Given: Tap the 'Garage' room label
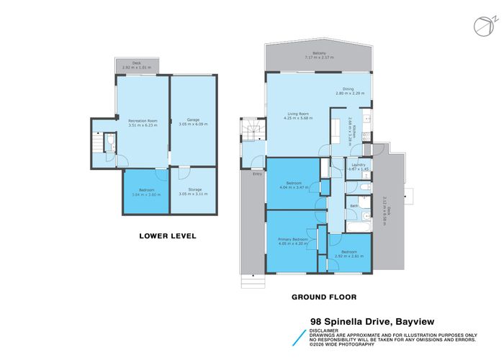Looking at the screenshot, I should pyautogui.click(x=193, y=120).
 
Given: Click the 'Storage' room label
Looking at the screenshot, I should pyautogui.click(x=193, y=190).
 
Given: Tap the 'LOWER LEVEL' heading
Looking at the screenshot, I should pyautogui.click(x=167, y=235).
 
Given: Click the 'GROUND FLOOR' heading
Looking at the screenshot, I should pyautogui.click(x=320, y=297).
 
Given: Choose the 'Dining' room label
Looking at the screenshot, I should pyautogui.click(x=348, y=89).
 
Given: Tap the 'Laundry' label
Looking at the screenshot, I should pyautogui.click(x=358, y=165).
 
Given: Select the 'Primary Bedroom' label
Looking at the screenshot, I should pyautogui.click(x=293, y=239).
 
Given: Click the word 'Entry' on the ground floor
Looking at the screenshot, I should pyautogui.click(x=257, y=174).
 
